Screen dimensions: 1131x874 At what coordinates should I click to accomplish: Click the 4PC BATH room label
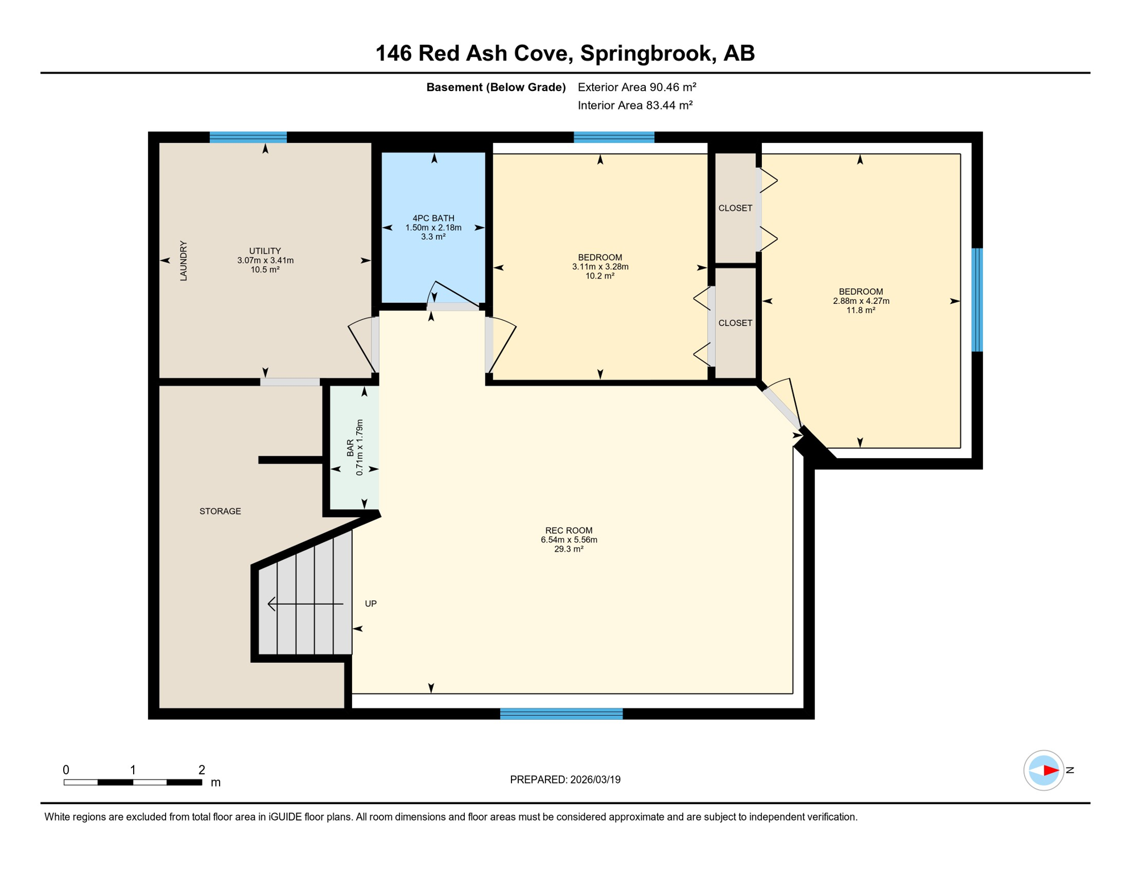click(434, 218)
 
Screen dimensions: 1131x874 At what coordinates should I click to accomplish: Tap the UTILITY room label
click(265, 251)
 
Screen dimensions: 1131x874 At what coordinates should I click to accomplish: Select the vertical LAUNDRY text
click(183, 261)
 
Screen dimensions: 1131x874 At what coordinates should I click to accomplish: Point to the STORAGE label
click(220, 511)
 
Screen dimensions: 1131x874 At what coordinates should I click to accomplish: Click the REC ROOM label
click(569, 530)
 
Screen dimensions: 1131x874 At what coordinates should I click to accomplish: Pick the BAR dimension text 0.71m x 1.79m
click(360, 448)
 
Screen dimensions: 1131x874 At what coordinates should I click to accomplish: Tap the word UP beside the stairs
click(371, 604)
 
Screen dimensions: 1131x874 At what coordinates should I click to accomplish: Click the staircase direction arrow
click(306, 604)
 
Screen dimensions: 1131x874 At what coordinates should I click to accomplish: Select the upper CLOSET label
click(736, 208)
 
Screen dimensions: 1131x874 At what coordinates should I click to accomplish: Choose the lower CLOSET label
click(736, 323)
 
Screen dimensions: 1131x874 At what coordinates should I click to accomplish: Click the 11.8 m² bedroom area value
click(861, 310)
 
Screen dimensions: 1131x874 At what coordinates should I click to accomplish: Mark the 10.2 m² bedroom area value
click(600, 276)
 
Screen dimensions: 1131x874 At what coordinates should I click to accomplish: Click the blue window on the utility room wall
click(248, 137)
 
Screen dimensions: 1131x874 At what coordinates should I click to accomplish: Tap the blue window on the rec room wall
click(562, 714)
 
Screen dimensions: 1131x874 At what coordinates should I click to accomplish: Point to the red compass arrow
click(1051, 770)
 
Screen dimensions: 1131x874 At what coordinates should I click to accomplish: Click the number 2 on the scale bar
click(201, 770)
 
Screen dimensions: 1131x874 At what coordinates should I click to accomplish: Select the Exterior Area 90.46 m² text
click(637, 87)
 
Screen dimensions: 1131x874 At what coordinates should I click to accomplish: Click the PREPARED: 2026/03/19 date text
click(565, 780)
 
